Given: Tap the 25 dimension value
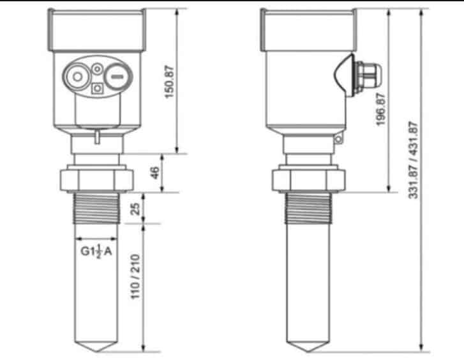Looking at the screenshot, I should coord(135,208).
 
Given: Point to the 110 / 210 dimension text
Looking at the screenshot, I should coord(135,278).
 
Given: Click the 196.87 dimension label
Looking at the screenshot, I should coord(381,110).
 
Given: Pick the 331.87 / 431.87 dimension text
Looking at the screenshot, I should coord(413,160).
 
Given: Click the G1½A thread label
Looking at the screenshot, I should coord(96,251).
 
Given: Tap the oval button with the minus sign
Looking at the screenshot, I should coord(116,77).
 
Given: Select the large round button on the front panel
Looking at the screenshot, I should coord(76,77).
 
